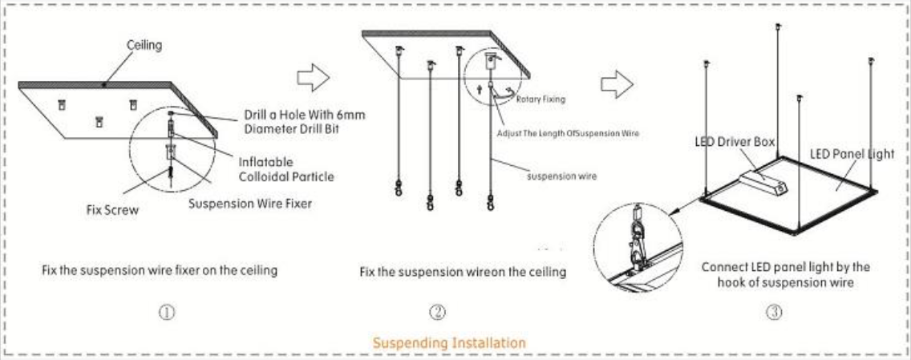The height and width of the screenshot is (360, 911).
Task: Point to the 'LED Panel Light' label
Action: (x=849, y=153)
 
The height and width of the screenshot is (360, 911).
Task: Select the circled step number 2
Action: (x=437, y=312)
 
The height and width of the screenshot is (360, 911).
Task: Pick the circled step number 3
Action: (x=775, y=312)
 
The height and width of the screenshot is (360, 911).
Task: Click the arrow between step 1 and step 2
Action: (x=314, y=77)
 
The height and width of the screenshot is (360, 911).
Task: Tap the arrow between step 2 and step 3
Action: (x=617, y=82)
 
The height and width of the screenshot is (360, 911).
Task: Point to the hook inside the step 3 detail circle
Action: (x=636, y=232)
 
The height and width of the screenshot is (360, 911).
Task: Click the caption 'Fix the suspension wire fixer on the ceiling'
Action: (x=160, y=270)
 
